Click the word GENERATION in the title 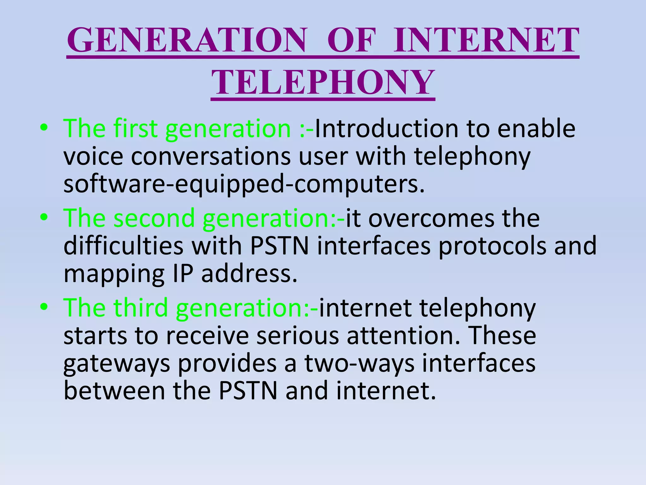click(187, 40)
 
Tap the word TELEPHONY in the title click(323, 83)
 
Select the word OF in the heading click(351, 40)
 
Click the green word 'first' click(135, 129)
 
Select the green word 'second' click(154, 218)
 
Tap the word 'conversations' click(210, 157)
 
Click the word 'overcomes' click(431, 218)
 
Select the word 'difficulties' click(123, 246)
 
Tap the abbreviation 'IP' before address click(183, 274)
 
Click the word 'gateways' click(116, 364)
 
